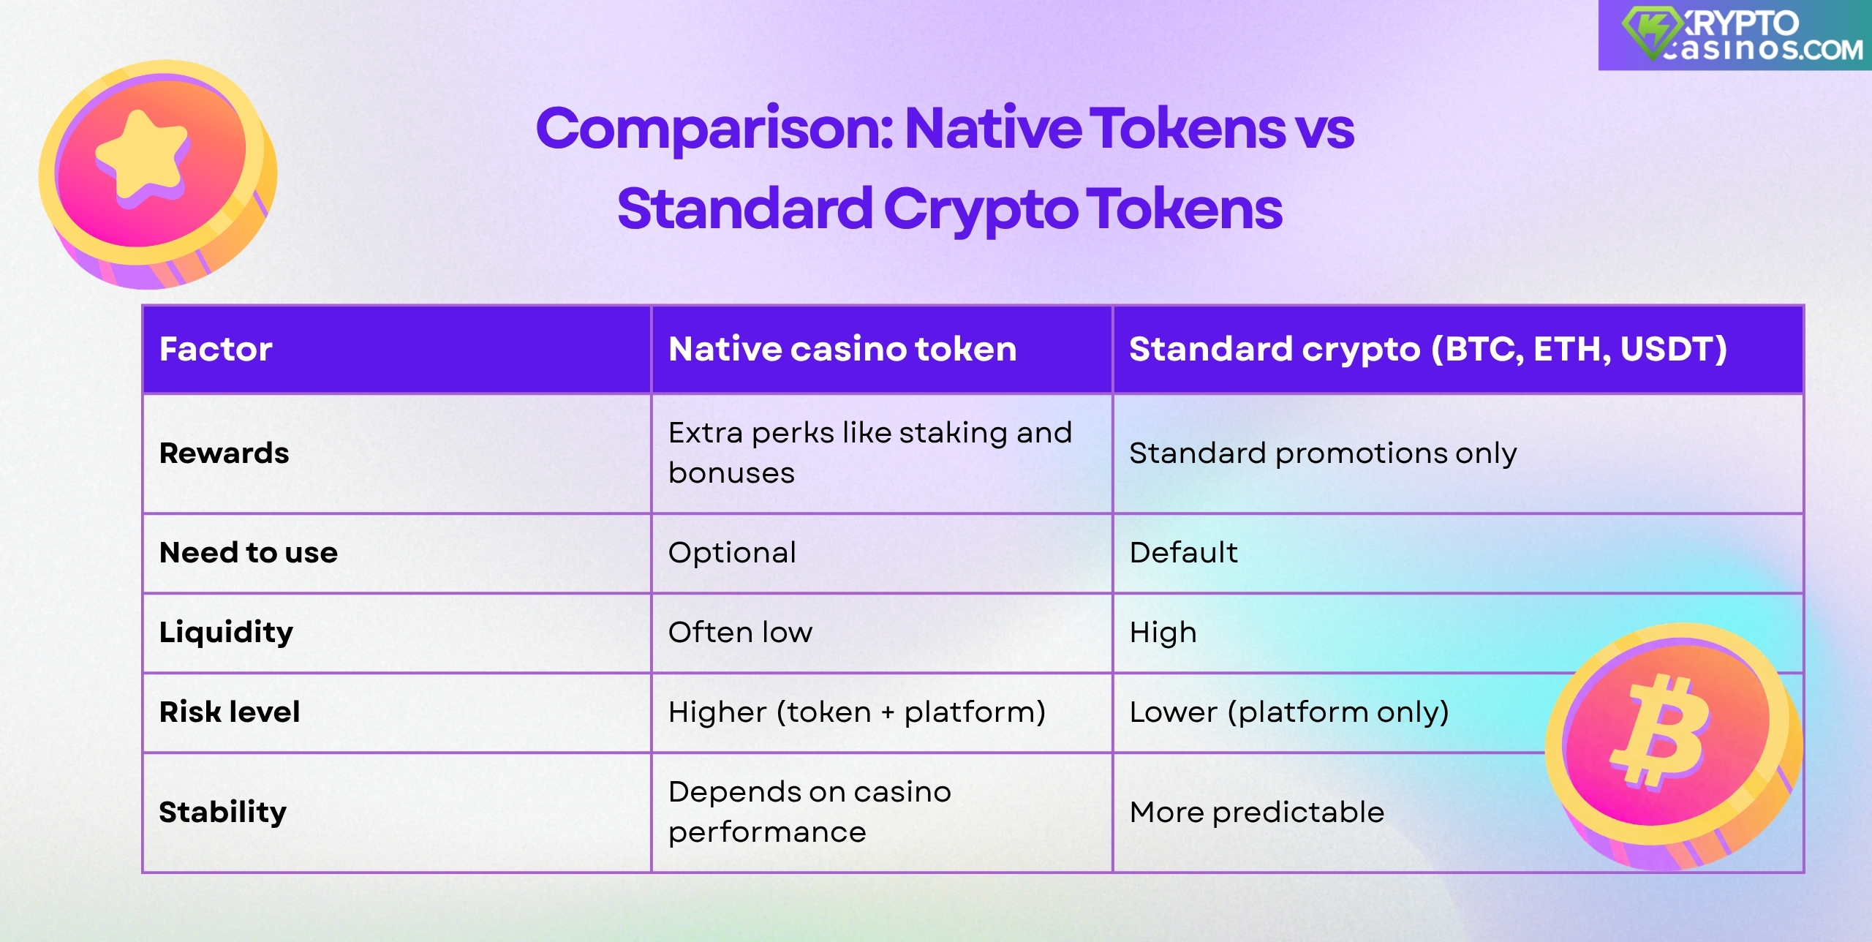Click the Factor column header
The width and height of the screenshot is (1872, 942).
tap(216, 349)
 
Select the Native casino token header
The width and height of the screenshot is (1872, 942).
tap(842, 349)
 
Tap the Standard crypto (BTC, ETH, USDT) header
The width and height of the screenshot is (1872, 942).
tap(1427, 349)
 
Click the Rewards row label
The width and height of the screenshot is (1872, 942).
tap(224, 453)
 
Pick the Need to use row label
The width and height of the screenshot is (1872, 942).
tap(249, 553)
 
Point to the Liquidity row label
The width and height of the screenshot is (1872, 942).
tap(226, 633)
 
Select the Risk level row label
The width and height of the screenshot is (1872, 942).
tap(230, 712)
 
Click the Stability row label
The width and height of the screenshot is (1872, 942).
tap(222, 813)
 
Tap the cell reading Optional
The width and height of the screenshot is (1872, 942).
tap(732, 553)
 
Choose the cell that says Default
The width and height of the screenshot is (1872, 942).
tap(1183, 553)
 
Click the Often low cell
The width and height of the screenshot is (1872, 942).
tap(740, 633)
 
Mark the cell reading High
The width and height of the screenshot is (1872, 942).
tap(1163, 633)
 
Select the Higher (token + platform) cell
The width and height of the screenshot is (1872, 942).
tap(857, 712)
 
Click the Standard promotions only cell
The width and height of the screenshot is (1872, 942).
tap(1322, 453)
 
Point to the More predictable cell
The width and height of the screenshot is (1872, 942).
tap(1256, 813)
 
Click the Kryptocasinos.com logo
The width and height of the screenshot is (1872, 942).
tap(1740, 34)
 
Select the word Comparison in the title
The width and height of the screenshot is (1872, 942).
tap(714, 129)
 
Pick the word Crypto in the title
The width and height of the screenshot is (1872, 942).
tap(981, 210)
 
